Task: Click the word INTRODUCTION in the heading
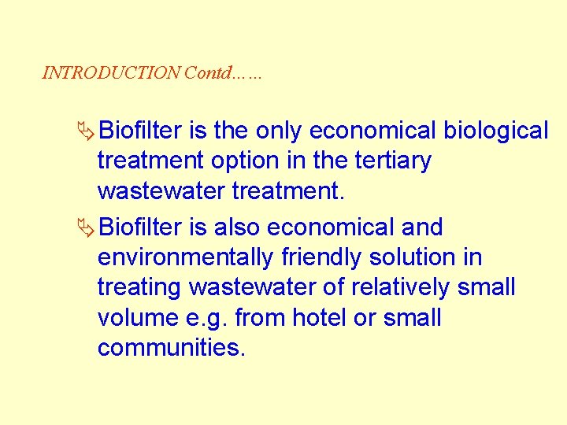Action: pyautogui.click(x=111, y=73)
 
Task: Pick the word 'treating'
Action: pyautogui.click(x=139, y=288)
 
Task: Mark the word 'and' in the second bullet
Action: pyautogui.click(x=422, y=227)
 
